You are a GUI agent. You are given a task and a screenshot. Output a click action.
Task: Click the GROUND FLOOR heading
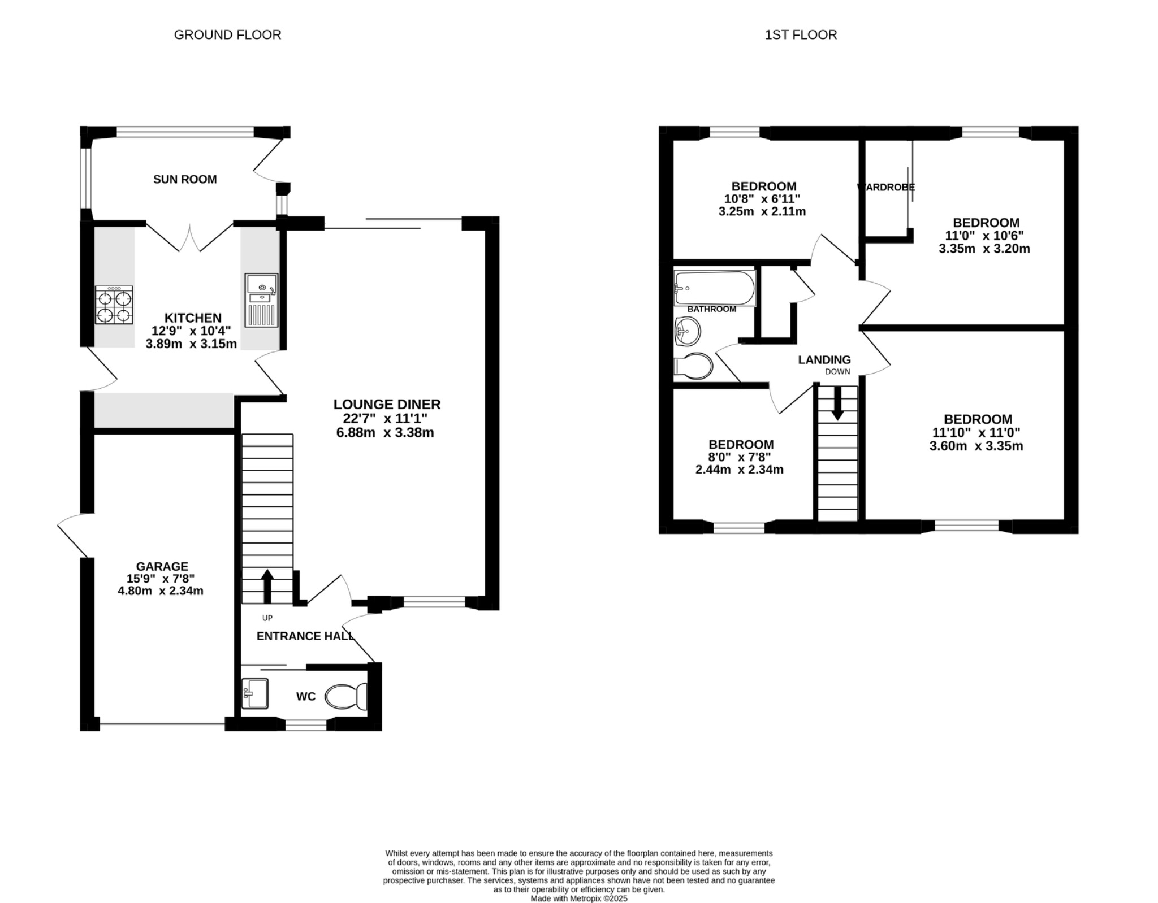click(227, 35)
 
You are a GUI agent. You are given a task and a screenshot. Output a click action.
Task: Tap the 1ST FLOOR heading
click(801, 35)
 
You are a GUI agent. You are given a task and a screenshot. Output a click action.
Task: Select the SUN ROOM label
click(185, 179)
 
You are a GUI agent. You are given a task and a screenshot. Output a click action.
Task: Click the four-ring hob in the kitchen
click(114, 305)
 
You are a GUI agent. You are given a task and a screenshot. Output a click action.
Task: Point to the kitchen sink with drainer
click(261, 301)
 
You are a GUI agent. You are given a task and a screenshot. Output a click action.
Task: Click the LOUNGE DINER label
click(387, 404)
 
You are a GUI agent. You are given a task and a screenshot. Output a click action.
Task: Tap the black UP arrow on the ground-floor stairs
click(267, 585)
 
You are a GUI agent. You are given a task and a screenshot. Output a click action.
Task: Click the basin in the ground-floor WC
click(255, 693)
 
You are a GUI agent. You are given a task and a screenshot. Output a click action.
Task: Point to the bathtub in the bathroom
click(715, 288)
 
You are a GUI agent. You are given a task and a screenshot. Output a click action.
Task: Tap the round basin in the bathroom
click(687, 331)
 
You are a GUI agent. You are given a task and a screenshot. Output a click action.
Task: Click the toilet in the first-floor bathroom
click(694, 366)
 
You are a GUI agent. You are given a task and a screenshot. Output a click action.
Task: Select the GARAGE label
click(162, 566)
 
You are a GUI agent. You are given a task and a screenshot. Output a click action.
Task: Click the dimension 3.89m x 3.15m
click(191, 344)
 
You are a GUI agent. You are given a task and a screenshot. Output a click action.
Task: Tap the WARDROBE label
click(886, 187)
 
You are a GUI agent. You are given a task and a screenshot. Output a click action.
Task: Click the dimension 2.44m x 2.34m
click(739, 470)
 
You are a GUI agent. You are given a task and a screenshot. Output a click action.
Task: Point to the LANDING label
click(824, 359)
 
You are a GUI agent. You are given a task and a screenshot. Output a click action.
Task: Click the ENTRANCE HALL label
click(305, 636)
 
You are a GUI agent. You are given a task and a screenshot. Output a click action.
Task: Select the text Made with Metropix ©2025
click(579, 898)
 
